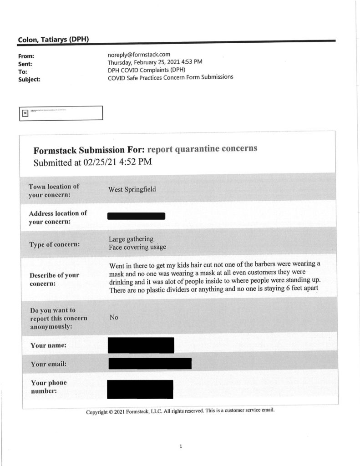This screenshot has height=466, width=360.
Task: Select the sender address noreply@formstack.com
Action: [x=139, y=55]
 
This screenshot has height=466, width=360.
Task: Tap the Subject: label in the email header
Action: [x=29, y=79]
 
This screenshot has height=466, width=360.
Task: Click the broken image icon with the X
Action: [x=25, y=113]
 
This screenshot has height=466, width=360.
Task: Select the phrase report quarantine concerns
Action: [x=203, y=149]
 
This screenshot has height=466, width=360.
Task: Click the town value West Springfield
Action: [x=132, y=189]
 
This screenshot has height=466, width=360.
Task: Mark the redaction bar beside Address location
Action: [x=136, y=216]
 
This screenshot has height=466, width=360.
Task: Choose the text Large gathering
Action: [x=131, y=239]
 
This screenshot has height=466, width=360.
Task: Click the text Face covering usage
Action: [x=137, y=247]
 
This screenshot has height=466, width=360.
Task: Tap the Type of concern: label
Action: [x=55, y=244]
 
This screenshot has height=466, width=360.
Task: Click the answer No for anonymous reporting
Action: [x=113, y=318]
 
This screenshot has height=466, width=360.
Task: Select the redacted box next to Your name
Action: [x=141, y=345]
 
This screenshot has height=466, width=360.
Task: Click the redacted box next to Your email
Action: [x=150, y=363]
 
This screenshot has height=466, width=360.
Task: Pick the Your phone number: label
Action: [x=48, y=387]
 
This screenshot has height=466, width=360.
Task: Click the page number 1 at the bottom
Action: [x=181, y=446]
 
